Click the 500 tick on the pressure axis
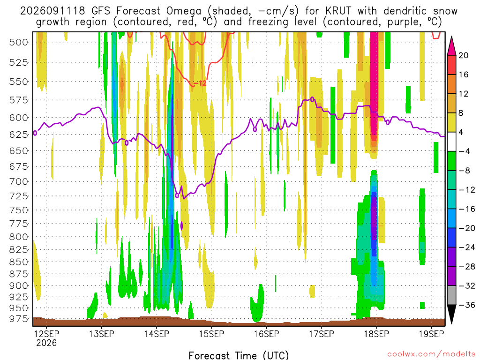19,42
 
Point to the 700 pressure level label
19,182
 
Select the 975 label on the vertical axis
19,319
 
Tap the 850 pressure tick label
19,262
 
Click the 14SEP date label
157,334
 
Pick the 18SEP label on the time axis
376,334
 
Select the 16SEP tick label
266,334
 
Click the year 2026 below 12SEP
46,343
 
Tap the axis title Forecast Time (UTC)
239,355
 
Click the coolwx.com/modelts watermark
431,354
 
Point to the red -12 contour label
200,83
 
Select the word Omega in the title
184,12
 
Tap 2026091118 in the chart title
52,11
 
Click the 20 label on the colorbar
463,55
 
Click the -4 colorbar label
464,151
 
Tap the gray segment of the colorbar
451,295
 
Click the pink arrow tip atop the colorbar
451,36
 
